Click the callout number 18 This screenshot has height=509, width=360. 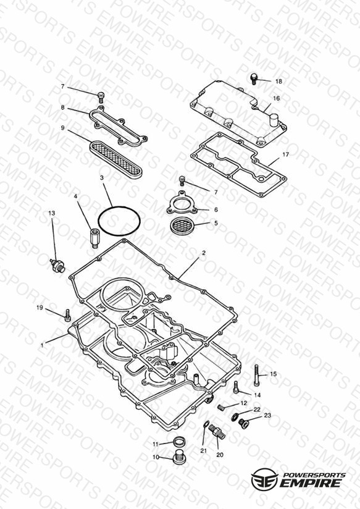(278, 82)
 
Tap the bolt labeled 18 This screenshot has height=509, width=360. (254, 79)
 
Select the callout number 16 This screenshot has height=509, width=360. (276, 98)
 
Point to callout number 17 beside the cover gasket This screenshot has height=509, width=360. (285, 155)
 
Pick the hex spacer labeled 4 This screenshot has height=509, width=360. (94, 238)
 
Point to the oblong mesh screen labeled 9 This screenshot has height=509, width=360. (116, 159)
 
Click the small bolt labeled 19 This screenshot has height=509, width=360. (67, 315)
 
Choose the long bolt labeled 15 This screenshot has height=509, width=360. (256, 375)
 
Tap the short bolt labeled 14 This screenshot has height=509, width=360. (237, 387)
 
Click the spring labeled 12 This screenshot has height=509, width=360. (222, 406)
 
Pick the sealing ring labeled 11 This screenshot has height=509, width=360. (178, 442)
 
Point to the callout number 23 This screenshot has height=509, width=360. (267, 415)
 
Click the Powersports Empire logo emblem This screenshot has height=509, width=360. (265, 479)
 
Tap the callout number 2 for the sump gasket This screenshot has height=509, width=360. (204, 253)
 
